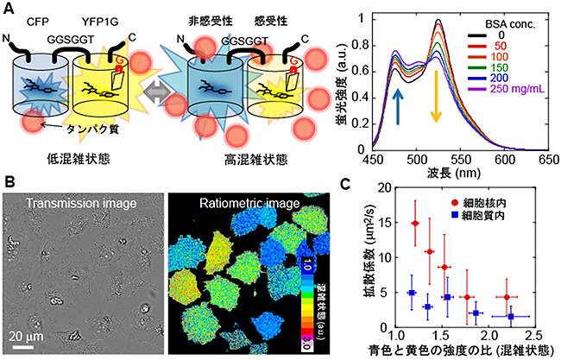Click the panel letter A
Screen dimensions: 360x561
[9, 9]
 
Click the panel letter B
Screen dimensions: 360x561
[9, 183]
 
